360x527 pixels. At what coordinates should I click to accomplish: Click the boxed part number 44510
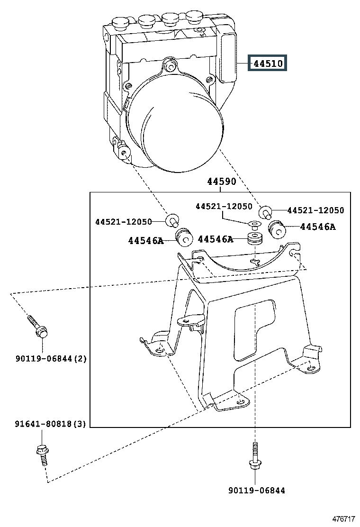[268, 63]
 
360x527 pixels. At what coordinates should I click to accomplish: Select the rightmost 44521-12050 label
[315, 210]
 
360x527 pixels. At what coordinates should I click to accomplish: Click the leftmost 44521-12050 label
[123, 222]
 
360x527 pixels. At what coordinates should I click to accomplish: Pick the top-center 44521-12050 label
[224, 206]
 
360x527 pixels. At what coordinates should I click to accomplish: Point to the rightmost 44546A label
[317, 227]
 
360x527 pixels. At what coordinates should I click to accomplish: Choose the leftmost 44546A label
[145, 241]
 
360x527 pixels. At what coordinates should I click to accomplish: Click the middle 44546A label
[216, 239]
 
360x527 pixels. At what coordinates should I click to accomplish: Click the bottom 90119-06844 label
[256, 491]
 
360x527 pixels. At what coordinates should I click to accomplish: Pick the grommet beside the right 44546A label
[277, 230]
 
